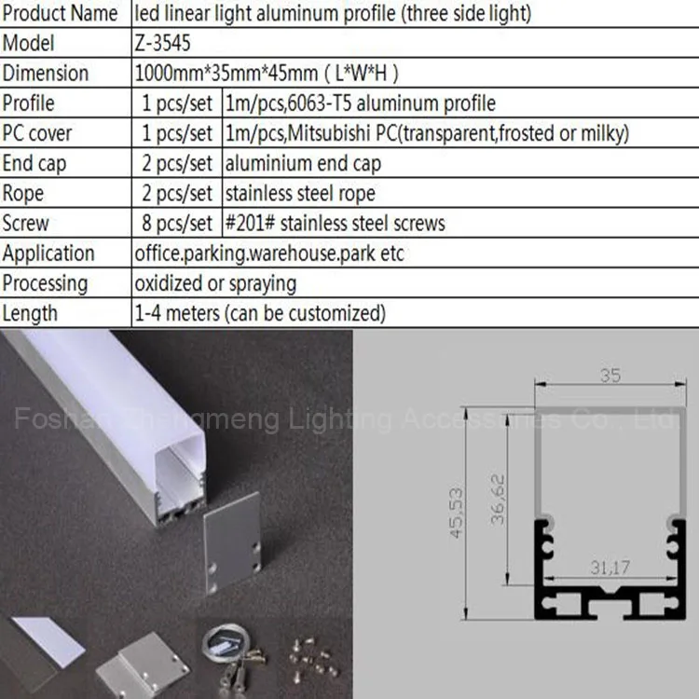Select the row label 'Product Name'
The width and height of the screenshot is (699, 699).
[60, 13]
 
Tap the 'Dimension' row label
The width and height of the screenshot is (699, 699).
[46, 73]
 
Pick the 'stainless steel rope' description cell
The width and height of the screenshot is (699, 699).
[300, 194]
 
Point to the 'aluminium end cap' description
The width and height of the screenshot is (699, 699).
[303, 164]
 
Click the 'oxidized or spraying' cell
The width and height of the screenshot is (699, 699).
[215, 283]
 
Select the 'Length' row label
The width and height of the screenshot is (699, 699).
[30, 313]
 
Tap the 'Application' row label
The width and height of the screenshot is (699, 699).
[48, 254]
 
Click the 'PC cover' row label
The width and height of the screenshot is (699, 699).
[37, 133]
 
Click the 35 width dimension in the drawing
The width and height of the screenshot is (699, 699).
[610, 376]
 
